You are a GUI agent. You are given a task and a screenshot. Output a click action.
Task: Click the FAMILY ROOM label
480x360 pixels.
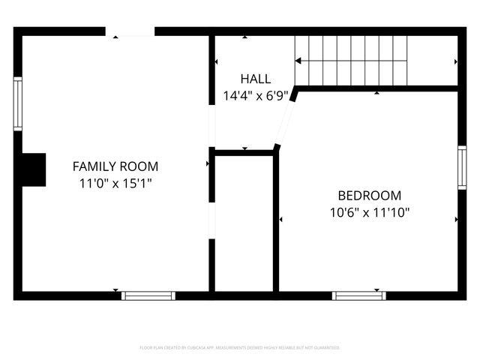tap(115, 166)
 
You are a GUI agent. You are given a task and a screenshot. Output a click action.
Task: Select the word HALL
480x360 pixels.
tap(256, 79)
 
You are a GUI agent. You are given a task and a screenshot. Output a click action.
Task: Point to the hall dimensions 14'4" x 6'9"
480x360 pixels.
tap(256, 95)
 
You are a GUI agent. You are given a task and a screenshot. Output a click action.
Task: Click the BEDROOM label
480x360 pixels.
tap(370, 195)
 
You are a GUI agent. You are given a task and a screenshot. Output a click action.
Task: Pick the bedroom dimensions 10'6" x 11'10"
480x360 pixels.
tap(370, 212)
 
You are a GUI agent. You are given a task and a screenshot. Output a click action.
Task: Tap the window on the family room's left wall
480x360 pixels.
tap(17, 104)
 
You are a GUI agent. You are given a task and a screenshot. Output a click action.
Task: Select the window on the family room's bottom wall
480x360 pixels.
tap(148, 295)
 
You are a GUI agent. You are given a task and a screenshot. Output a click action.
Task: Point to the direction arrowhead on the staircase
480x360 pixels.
tap(298, 61)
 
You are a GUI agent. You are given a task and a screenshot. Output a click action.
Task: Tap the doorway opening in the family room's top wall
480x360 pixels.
tap(130, 32)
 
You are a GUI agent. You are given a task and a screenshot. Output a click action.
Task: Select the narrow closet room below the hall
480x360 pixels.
tap(244, 225)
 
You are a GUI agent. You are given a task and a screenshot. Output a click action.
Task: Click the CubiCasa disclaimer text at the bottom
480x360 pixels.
tap(240, 348)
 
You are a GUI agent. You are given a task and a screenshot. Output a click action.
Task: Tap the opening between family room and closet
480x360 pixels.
tap(211, 220)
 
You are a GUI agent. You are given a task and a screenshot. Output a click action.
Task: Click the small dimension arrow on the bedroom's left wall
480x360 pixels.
tap(280, 220)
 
